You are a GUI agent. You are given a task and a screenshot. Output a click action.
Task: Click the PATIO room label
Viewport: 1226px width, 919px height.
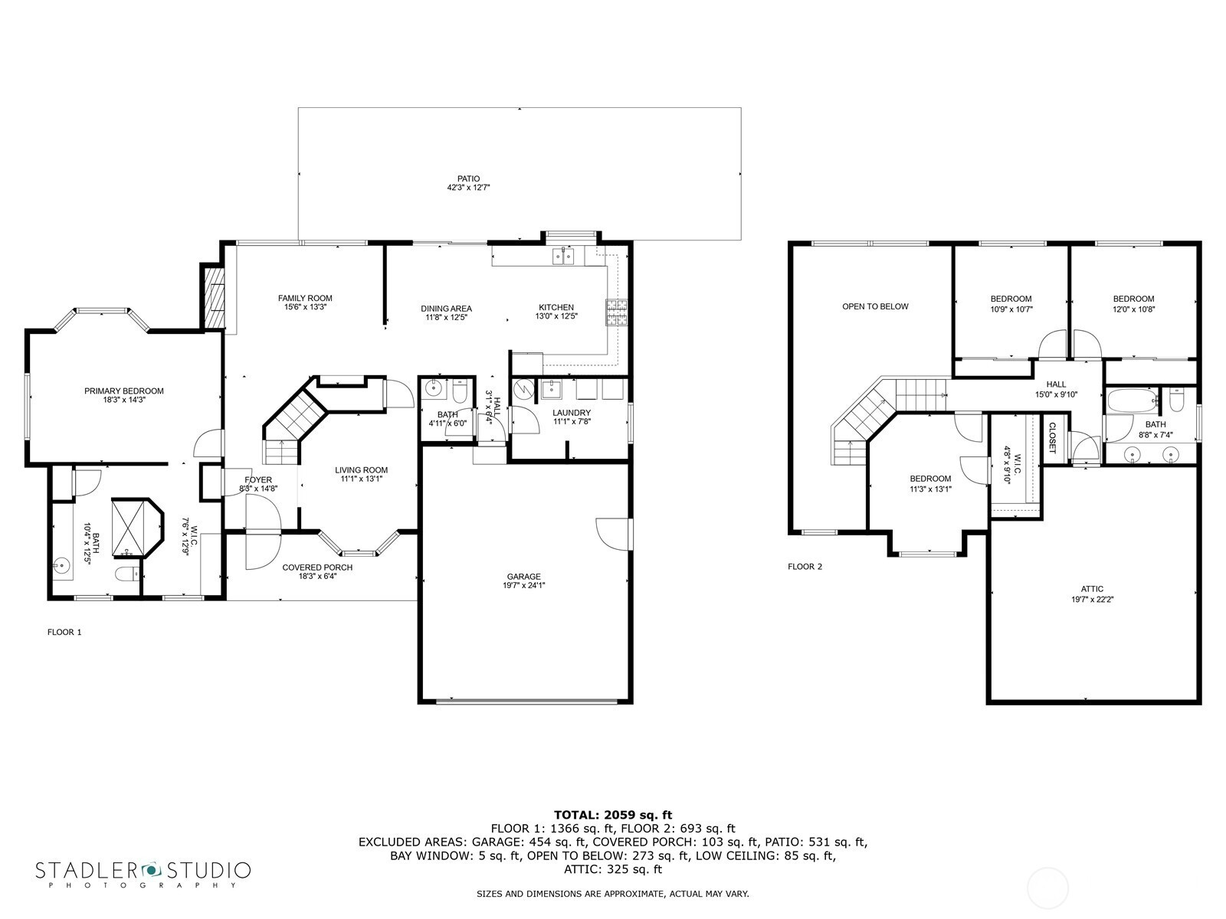(468, 178)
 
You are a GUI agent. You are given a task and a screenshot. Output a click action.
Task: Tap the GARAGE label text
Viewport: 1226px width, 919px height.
(523, 577)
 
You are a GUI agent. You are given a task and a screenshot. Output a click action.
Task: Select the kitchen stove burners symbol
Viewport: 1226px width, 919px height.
(616, 312)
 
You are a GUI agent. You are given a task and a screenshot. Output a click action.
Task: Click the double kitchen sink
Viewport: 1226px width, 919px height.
(562, 256)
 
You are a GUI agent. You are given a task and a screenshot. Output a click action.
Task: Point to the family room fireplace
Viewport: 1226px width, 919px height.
(213, 297)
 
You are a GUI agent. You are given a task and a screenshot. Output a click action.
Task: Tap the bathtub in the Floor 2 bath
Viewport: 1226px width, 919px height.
(1132, 400)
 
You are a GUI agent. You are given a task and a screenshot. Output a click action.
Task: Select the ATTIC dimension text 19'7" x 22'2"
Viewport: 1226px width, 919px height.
(1092, 600)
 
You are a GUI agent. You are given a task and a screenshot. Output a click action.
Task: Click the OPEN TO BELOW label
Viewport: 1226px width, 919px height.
(875, 306)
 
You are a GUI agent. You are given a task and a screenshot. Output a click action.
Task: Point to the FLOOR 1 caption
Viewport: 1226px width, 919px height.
(64, 633)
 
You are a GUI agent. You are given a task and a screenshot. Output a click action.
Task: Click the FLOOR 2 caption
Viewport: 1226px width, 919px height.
(805, 567)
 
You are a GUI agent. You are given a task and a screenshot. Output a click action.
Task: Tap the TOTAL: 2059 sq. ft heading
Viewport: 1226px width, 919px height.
(613, 815)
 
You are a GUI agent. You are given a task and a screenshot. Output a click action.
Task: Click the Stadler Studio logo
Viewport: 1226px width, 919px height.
(143, 874)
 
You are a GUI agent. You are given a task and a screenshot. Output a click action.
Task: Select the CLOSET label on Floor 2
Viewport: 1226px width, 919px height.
(1052, 437)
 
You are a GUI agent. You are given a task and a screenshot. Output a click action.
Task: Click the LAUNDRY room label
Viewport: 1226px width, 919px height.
(572, 413)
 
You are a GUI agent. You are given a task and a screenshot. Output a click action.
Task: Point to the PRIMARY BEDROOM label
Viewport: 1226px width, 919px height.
(124, 391)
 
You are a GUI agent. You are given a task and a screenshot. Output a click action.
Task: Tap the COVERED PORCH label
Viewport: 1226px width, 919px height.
(317, 567)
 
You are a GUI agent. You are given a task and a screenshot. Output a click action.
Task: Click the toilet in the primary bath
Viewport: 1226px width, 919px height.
(127, 573)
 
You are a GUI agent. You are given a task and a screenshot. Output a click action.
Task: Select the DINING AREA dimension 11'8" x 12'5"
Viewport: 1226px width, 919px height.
(446, 318)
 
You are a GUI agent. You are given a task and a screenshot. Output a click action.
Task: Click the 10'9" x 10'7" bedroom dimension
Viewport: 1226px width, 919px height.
(1011, 309)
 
